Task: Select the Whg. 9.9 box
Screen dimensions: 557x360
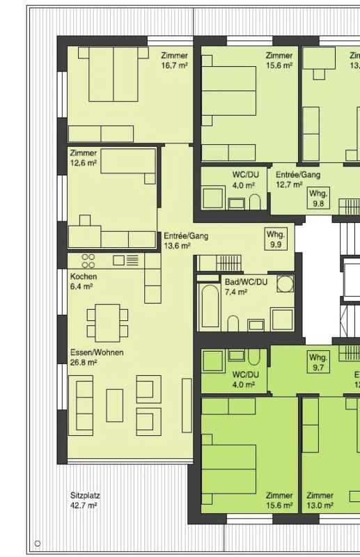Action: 276,240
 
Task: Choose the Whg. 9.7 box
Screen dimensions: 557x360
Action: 318,361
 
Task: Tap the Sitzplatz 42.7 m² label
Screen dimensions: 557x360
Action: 84,501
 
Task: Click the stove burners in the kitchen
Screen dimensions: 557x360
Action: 88,260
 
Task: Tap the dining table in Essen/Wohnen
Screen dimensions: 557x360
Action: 107,322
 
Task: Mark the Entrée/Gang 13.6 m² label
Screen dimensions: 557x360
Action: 186,240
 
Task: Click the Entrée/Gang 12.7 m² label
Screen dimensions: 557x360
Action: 297,180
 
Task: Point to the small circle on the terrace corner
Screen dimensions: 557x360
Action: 38,543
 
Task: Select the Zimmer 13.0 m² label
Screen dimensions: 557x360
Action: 320,501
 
